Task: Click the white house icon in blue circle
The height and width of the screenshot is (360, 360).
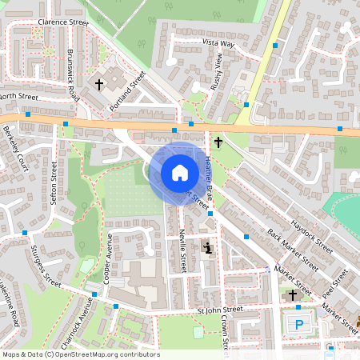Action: click(179, 172)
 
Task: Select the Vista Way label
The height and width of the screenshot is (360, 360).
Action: click(218, 42)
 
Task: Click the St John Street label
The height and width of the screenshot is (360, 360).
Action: click(220, 309)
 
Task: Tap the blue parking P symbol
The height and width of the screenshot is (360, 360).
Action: click(299, 324)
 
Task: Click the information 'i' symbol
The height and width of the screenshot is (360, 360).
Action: click(209, 248)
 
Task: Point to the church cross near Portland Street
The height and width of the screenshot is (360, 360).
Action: click(100, 83)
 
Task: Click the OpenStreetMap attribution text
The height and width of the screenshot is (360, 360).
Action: click(81, 354)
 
